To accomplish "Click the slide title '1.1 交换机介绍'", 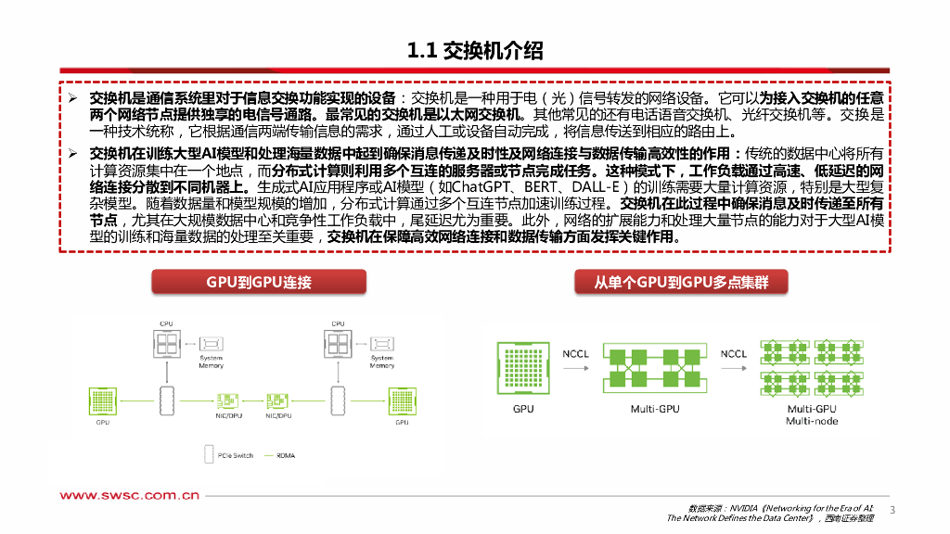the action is tap(475, 51).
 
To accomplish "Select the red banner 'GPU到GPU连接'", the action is tap(258, 282).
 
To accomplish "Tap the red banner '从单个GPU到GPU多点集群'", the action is tap(682, 282).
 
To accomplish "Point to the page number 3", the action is tap(892, 510).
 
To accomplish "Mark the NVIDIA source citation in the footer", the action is tap(779, 513).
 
